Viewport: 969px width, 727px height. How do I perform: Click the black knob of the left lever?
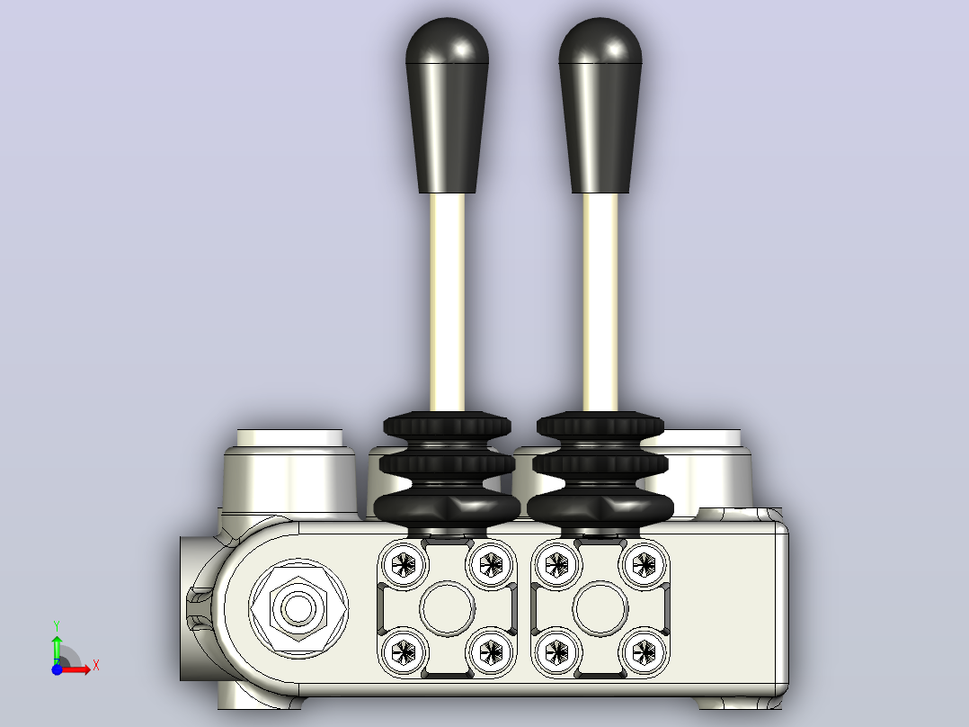click(447, 105)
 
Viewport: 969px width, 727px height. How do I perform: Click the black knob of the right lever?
click(600, 105)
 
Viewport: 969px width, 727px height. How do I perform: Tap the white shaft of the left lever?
click(447, 302)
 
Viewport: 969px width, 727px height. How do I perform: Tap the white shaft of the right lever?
click(600, 302)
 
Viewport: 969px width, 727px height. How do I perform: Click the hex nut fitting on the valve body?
click(298, 609)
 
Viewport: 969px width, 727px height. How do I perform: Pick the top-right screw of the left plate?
click(492, 564)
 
